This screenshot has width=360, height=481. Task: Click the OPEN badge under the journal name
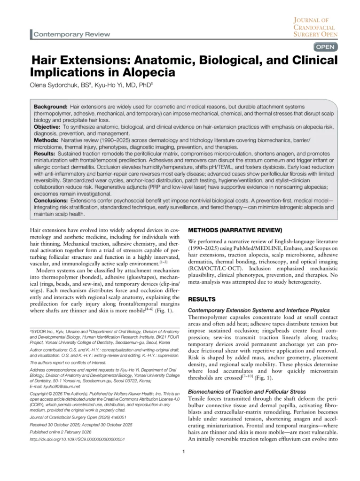point(325,47)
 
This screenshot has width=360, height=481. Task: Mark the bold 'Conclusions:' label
point(51,200)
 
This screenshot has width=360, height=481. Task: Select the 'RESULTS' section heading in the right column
point(203,299)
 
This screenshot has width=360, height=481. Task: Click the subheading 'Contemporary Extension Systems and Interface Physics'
point(258,310)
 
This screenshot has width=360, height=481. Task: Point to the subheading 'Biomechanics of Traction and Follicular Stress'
point(248,391)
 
